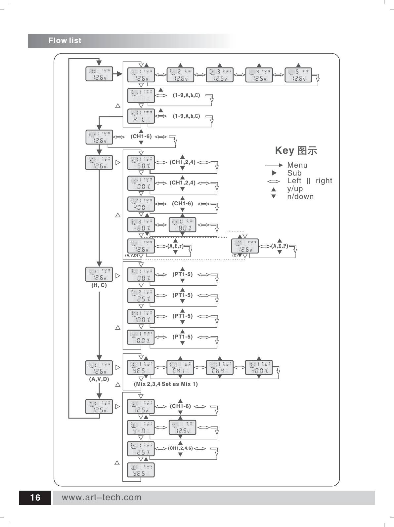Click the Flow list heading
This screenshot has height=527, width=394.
(x=65, y=41)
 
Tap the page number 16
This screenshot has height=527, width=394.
(x=35, y=498)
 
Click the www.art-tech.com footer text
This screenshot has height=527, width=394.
(x=102, y=498)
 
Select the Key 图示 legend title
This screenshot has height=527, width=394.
(x=296, y=151)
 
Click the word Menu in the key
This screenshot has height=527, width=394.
(x=297, y=165)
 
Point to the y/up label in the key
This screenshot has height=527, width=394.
(x=295, y=189)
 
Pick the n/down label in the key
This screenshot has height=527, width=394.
(x=300, y=197)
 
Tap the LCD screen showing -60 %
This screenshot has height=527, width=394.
(x=141, y=225)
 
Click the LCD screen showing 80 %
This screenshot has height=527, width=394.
(x=183, y=225)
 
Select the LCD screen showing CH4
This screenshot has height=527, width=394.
(x=219, y=368)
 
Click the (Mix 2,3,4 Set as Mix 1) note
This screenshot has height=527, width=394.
(x=166, y=384)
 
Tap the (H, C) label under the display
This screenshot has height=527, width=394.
(x=99, y=285)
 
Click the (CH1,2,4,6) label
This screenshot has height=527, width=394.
(x=180, y=448)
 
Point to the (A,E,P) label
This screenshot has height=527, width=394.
(x=280, y=246)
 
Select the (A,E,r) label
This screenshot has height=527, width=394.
(x=175, y=246)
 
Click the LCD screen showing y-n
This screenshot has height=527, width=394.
(x=141, y=427)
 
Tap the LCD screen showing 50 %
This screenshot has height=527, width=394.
(x=141, y=163)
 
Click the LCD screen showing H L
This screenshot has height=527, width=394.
(x=141, y=117)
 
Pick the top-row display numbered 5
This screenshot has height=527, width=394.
(x=298, y=75)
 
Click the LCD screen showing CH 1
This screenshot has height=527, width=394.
(x=180, y=368)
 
